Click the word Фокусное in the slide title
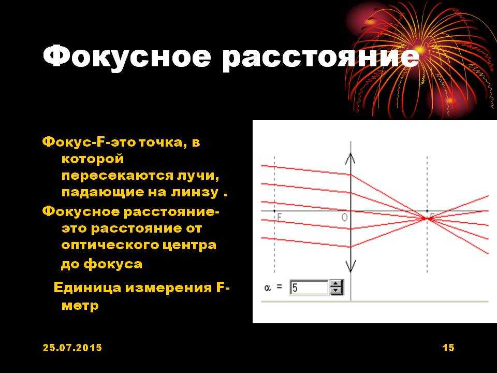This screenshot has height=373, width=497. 126,56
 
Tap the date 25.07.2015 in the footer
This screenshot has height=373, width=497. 72,348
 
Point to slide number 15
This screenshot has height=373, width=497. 448,348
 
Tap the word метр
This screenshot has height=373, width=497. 80,306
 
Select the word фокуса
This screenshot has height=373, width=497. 113,265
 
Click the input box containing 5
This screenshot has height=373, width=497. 309,288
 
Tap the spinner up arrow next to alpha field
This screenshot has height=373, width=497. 336,283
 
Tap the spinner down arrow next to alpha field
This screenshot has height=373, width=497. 336,291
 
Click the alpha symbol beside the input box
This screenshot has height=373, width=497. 268,288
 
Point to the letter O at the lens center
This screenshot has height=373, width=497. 345,217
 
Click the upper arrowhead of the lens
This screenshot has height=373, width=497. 350,157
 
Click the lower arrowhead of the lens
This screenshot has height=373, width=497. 350,266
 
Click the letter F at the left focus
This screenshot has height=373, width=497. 279,217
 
